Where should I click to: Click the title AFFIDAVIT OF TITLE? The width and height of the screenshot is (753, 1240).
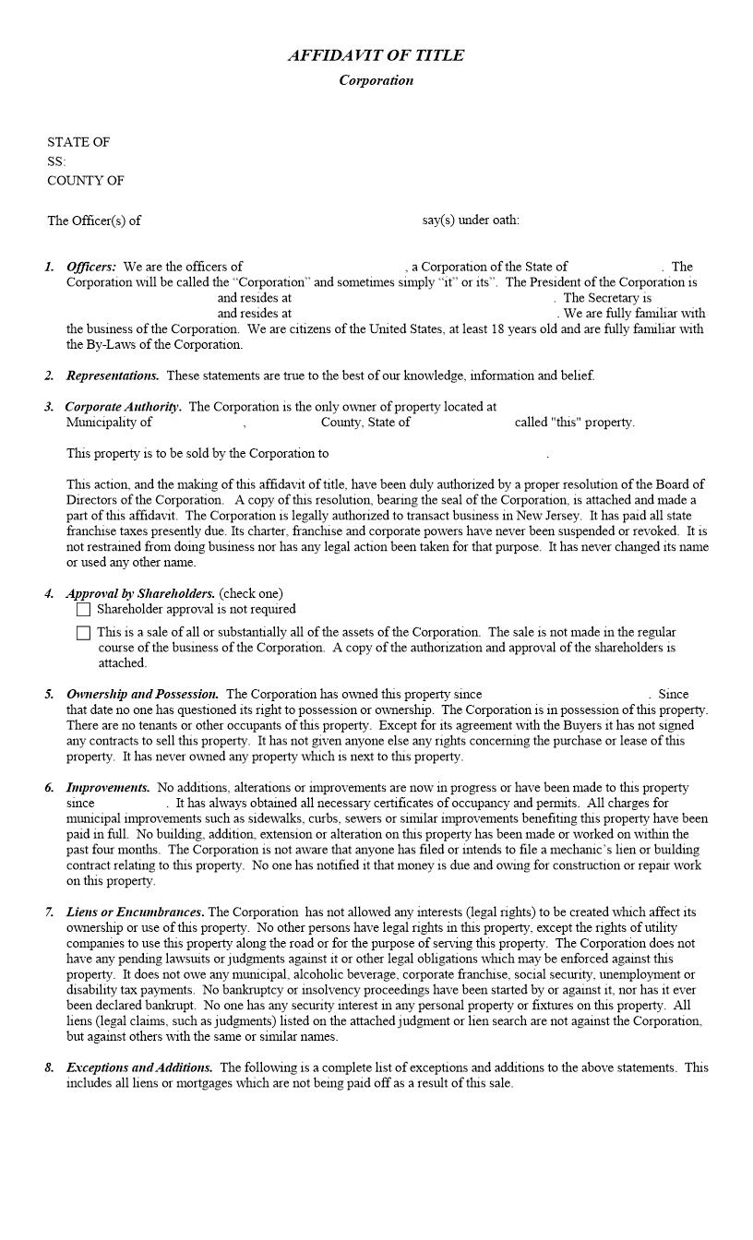pos(376,55)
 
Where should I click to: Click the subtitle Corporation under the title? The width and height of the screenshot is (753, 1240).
pos(376,80)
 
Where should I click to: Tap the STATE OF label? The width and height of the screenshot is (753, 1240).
pos(78,142)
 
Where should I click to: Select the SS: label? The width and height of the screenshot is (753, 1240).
pos(56,161)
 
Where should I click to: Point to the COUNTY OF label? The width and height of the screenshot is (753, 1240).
pos(86,181)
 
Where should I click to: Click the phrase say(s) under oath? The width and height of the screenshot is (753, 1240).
pos(471,220)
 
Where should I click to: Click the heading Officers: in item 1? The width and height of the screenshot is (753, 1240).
pos(91,267)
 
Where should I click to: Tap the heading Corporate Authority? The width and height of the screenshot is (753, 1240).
pos(123,407)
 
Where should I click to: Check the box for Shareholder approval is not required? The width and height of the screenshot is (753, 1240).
pos(84,610)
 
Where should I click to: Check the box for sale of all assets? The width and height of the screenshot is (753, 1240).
pos(84,633)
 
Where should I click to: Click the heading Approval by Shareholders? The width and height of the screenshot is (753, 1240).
pos(140,594)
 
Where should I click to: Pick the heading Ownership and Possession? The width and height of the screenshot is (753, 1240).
pos(142,694)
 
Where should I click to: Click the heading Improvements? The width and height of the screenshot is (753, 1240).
pos(108,788)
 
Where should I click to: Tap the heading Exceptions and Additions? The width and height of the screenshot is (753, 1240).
pos(139,1067)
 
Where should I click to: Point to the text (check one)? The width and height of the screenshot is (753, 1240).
pos(251,594)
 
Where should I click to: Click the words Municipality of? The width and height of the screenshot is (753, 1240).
pos(109,423)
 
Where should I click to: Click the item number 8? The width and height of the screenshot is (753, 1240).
pos(49,1068)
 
